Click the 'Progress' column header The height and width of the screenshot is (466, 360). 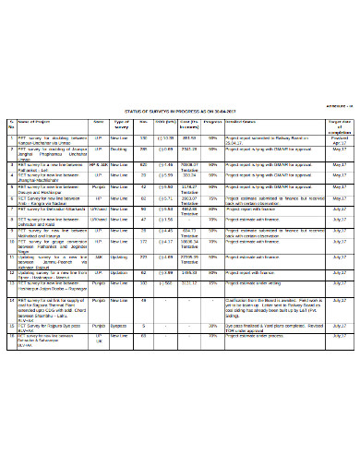pyautogui.click(x=212, y=121)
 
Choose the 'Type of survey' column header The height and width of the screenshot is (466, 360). pyautogui.click(x=121, y=123)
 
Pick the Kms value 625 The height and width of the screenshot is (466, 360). pyautogui.click(x=144, y=164)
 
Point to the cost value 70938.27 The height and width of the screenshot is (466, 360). pyautogui.click(x=190, y=164)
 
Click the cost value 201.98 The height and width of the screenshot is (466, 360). pyautogui.click(x=190, y=137)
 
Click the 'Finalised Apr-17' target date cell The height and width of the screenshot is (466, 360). pyautogui.click(x=339, y=139)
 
